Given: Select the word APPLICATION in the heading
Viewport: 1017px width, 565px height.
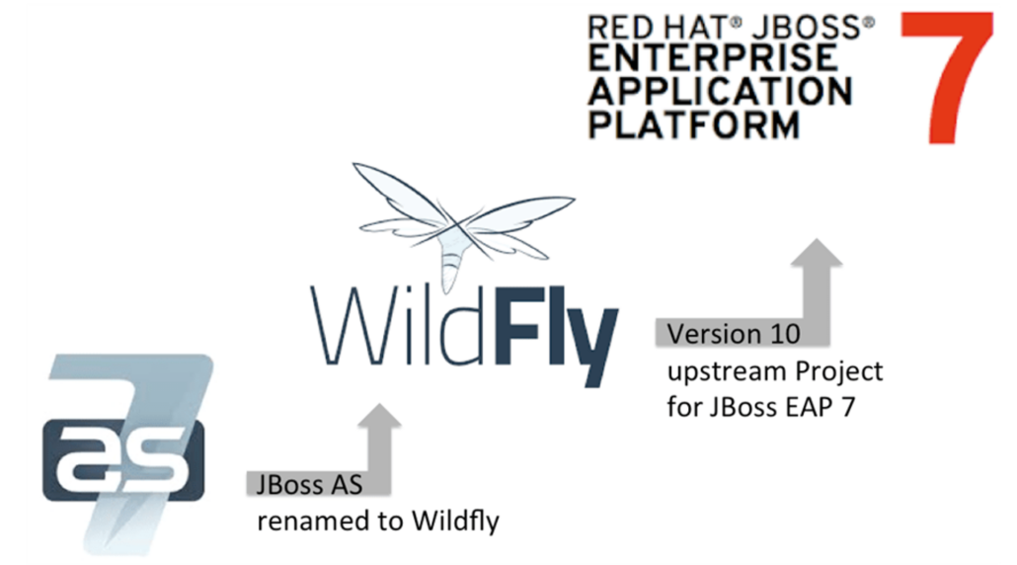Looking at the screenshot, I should [x=720, y=92].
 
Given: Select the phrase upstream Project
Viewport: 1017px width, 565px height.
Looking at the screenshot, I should [x=774, y=371].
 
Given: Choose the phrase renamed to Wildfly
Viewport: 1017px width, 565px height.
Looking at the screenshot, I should [x=377, y=520].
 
